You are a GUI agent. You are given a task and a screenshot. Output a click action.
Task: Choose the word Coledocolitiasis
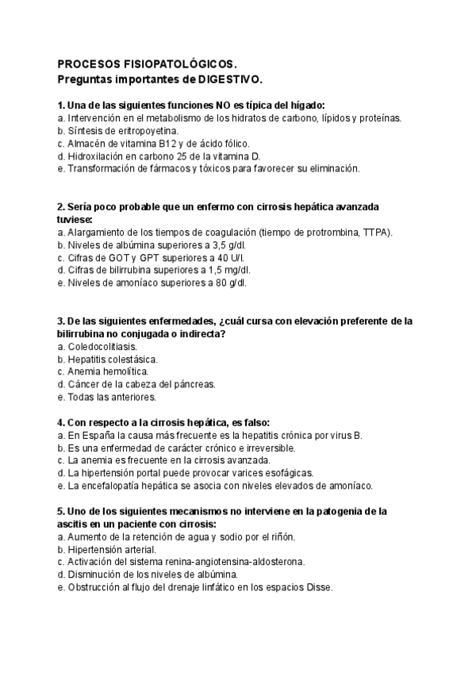pos(102,346)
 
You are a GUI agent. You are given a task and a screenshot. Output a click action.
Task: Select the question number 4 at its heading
pos(61,422)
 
